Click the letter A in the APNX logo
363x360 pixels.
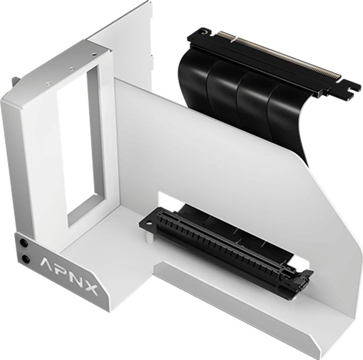click(x=46, y=265)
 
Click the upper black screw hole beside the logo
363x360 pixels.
click(x=24, y=243)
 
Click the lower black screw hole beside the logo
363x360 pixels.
click(x=25, y=260)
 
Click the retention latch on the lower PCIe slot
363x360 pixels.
click(x=302, y=279)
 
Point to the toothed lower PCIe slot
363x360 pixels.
click(x=222, y=247)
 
